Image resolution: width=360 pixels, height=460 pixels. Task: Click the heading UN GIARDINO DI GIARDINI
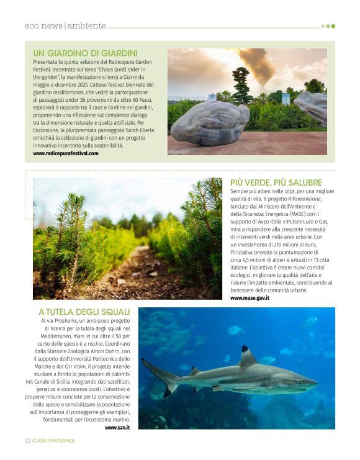pyautogui.click(x=85, y=53)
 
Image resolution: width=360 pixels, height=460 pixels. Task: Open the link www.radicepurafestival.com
pyautogui.click(x=66, y=153)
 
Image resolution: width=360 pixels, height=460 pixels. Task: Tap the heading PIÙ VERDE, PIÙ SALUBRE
pyautogui.click(x=276, y=183)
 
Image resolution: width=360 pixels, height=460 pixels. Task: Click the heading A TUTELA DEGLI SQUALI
pyautogui.click(x=84, y=312)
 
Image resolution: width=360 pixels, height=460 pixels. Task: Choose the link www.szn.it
pyautogui.click(x=117, y=427)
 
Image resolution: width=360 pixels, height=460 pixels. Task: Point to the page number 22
pyautogui.click(x=28, y=441)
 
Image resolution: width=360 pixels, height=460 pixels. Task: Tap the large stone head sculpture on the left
pyautogui.click(x=209, y=124)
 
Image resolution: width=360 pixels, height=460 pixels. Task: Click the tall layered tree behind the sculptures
pyautogui.click(x=241, y=84)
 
